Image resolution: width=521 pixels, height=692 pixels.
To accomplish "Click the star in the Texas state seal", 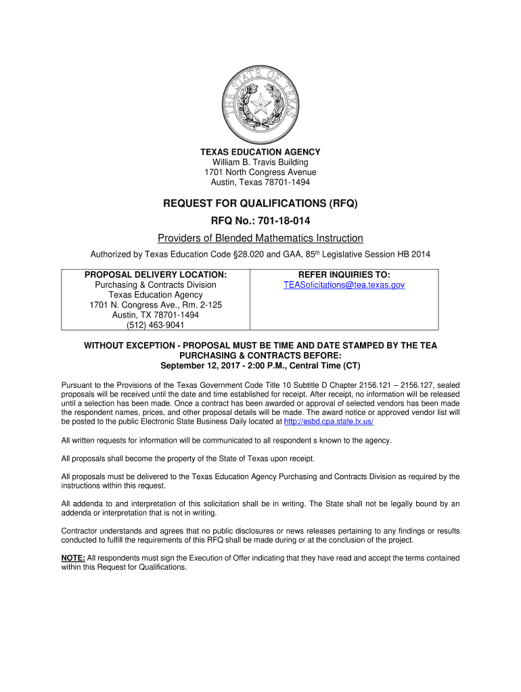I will [x=260, y=103].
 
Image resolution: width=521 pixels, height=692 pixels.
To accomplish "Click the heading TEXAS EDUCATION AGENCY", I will [x=260, y=152].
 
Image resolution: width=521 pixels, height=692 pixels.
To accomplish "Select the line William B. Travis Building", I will [x=260, y=162].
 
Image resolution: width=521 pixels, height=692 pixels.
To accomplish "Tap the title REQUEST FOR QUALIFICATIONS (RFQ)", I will [x=260, y=203].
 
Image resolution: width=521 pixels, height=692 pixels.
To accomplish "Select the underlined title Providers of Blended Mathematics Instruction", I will [x=260, y=238].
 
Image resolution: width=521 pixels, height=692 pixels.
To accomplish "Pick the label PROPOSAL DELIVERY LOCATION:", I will [x=156, y=274].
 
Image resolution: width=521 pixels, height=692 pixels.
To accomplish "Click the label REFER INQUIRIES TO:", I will [x=344, y=274].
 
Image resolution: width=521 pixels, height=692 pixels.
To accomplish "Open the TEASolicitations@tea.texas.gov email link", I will [x=344, y=285].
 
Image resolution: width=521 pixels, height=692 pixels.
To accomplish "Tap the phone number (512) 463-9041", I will [x=156, y=326].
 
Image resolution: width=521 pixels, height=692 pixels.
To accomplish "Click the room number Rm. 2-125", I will [x=200, y=305].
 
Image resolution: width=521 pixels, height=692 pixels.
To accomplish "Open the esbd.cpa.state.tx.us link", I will [x=329, y=421].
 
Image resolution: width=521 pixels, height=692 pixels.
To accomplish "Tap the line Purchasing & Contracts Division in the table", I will [x=156, y=285].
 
